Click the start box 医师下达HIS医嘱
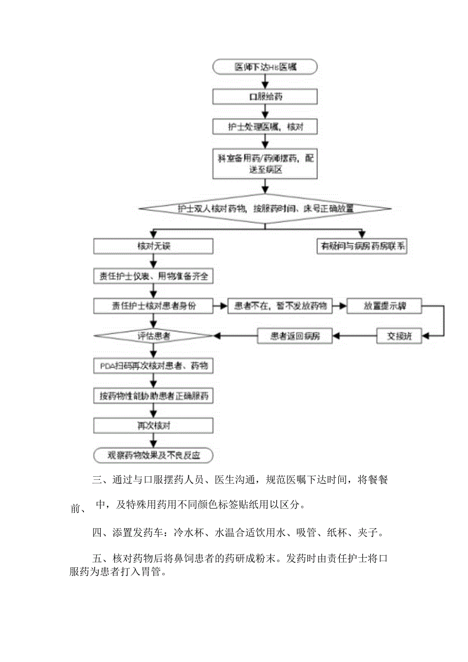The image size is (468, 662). point(265,67)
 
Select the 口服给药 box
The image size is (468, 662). point(265,96)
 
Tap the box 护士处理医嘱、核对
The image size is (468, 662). point(265,126)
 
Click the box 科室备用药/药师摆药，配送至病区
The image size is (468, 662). point(265,163)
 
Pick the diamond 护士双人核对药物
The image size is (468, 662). point(265,209)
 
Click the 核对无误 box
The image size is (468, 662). point(153,246)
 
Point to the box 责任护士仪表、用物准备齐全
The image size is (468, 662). point(153,276)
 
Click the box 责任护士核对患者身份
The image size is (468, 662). point(153,306)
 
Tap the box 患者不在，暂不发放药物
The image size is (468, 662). point(280,306)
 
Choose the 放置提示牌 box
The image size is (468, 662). point(385,306)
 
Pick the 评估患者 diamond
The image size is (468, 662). point(153,336)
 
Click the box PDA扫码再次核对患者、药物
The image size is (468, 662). point(153,366)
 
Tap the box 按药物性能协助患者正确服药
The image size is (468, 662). point(153,395)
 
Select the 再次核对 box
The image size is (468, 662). point(153,425)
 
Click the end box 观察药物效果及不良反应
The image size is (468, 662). point(153,455)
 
